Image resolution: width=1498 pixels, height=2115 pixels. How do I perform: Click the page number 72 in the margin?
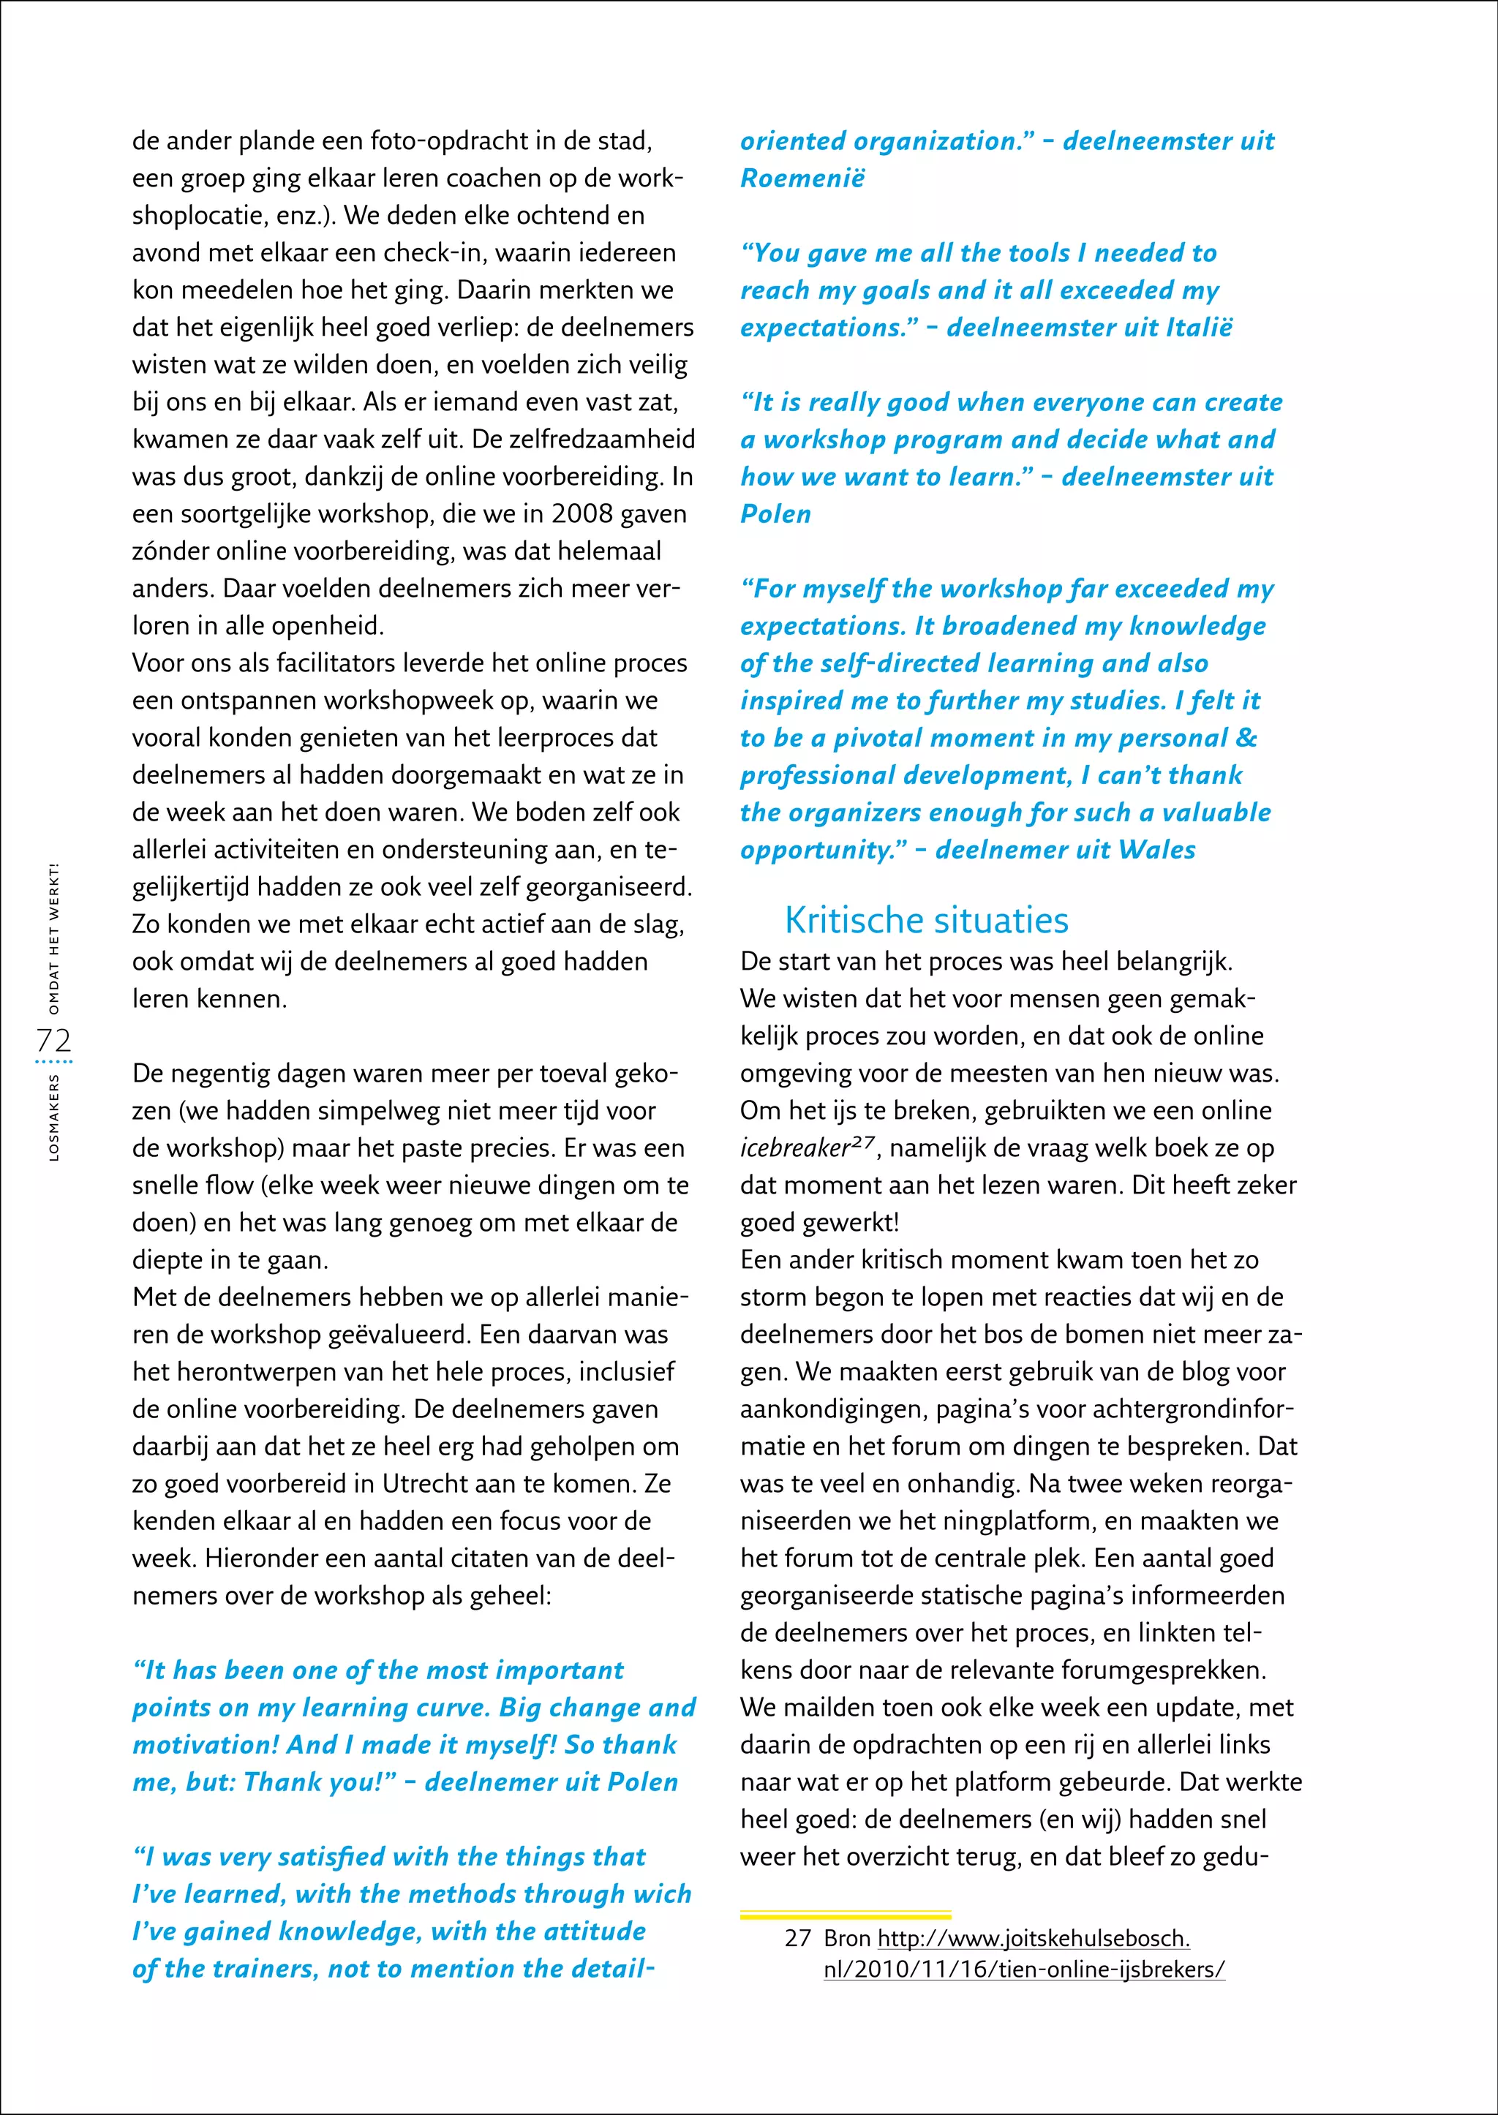[x=53, y=1041]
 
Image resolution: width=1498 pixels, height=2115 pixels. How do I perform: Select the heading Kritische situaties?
[x=926, y=921]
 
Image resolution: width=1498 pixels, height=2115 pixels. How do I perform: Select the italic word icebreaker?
[x=794, y=1149]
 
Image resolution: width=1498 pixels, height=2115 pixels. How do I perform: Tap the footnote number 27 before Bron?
[x=798, y=1938]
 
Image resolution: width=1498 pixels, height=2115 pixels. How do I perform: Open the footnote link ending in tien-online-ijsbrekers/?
[x=1024, y=1969]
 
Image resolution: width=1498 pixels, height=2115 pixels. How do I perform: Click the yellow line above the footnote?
[x=845, y=1915]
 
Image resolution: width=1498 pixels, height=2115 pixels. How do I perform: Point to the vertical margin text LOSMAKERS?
[x=53, y=1116]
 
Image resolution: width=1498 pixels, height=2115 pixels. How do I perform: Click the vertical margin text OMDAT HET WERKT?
[x=53, y=938]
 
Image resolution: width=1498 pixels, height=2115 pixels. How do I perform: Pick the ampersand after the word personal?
[x=1246, y=738]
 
